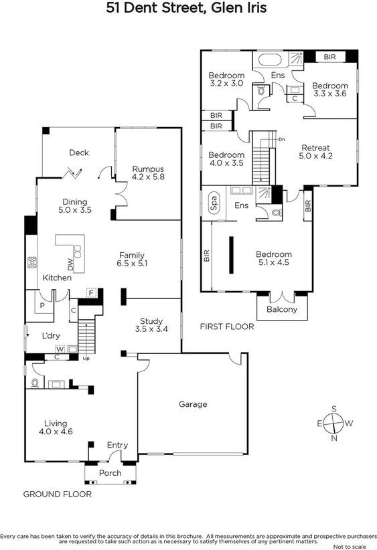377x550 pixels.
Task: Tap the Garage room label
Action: tap(192, 404)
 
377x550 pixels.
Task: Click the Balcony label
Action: tap(282, 309)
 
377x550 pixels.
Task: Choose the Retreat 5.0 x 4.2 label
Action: tap(315, 153)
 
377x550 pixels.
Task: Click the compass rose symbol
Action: tap(333, 423)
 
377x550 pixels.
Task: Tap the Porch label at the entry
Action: tap(110, 473)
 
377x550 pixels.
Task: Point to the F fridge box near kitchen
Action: tap(91, 292)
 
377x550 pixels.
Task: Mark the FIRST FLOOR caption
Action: tap(227, 327)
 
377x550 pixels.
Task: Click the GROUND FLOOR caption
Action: tap(57, 494)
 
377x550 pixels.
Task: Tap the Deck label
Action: tap(78, 153)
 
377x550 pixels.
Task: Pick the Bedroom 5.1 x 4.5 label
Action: tap(273, 258)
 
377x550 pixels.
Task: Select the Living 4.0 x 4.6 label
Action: tap(56, 428)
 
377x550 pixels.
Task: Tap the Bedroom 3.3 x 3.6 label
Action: tap(330, 90)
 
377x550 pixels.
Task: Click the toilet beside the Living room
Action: tap(35, 383)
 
